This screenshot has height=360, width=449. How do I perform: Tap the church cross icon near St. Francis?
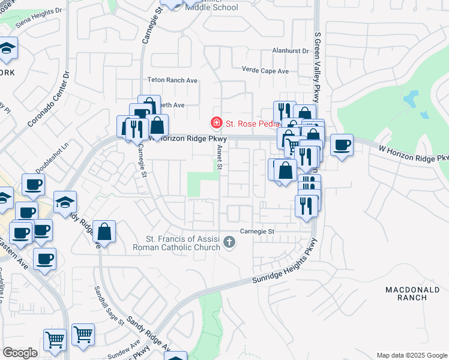coord(228,242)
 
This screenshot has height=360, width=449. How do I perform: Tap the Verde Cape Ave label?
coord(265,71)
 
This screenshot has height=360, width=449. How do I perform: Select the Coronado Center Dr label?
coord(49,100)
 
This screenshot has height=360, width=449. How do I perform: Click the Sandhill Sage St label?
coord(109,305)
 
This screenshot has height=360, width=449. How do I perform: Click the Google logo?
coord(20,353)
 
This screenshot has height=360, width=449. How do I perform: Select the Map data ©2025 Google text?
coord(411,355)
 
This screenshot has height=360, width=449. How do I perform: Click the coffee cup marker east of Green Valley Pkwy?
coord(342,145)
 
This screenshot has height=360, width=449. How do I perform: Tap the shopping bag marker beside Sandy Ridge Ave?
coord(104,232)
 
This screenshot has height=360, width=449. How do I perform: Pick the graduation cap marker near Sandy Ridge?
coord(65,202)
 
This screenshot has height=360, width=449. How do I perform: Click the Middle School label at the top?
coord(211,7)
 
